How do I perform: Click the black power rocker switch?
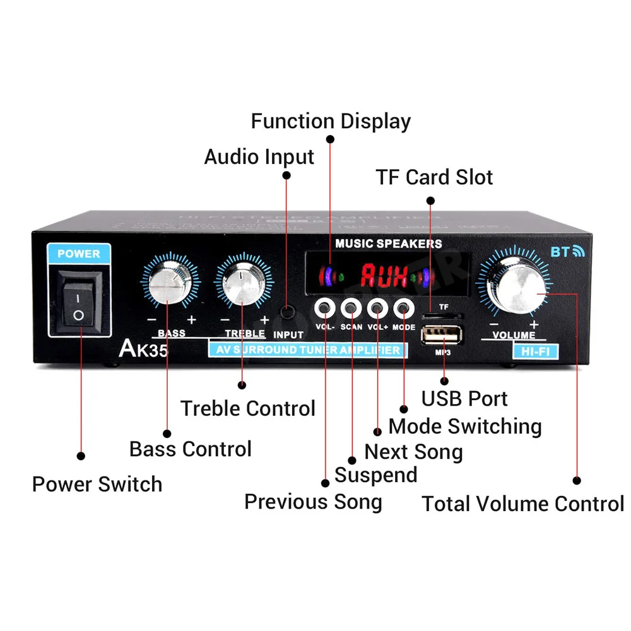[78, 302]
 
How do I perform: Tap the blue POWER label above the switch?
[79, 254]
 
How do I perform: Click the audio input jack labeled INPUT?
[287, 312]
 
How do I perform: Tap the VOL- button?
[325, 309]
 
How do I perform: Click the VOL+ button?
[377, 309]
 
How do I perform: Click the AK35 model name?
[143, 349]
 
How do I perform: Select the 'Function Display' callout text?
[331, 121]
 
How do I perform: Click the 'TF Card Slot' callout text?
[434, 177]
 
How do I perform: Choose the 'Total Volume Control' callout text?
[522, 504]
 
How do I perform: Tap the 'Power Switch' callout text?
[97, 485]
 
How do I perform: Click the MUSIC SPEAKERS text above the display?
[388, 244]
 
